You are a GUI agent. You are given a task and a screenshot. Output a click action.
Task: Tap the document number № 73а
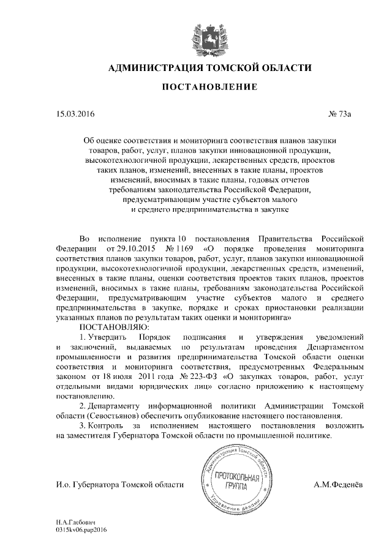(346, 114)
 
